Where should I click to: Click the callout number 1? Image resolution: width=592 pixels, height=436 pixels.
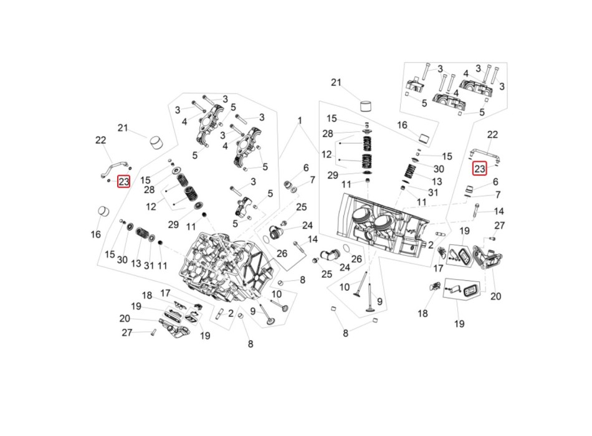click(300, 121)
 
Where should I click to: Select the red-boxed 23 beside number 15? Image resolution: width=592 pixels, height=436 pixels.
click(124, 182)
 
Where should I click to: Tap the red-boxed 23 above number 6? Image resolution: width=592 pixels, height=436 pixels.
click(479, 168)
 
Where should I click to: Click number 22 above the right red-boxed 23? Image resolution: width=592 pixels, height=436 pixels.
click(492, 135)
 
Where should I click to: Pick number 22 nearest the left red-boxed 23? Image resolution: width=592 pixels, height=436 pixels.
click(100, 140)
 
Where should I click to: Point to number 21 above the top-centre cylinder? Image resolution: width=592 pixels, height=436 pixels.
click(336, 82)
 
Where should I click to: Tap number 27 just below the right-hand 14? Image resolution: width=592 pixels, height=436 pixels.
click(499, 225)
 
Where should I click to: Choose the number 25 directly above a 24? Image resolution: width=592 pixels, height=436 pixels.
click(301, 207)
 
